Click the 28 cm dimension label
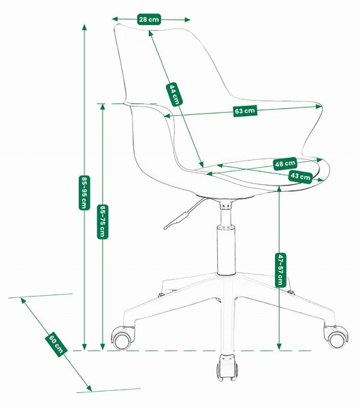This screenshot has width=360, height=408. [149, 19]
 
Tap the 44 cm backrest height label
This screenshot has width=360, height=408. [174, 95]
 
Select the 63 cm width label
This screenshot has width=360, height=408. [245, 111]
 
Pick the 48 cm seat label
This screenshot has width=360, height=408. [285, 164]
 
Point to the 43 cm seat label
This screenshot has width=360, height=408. [300, 177]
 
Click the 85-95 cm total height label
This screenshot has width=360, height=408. [84, 192]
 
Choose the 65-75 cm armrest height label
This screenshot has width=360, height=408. [103, 222]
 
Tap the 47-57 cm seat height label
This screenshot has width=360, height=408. [280, 269]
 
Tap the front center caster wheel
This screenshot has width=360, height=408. [227, 367]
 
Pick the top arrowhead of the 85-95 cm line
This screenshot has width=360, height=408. [84, 27]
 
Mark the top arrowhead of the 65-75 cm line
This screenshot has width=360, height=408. [103, 107]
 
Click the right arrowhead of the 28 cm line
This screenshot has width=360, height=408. [187, 20]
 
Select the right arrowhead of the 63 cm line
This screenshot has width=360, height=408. [319, 106]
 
